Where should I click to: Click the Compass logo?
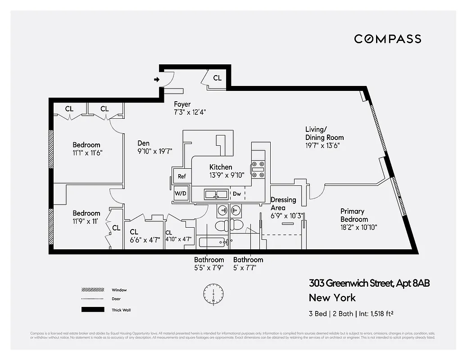pyautogui.click(x=387, y=39)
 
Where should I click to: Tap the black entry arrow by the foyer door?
pyautogui.click(x=157, y=80)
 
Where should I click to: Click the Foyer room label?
pyautogui.click(x=182, y=104)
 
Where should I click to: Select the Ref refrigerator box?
pyautogui.click(x=181, y=176)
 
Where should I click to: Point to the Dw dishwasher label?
pyautogui.click(x=237, y=194)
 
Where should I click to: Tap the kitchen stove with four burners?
pyautogui.click(x=258, y=170)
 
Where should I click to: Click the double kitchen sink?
pyautogui.click(x=216, y=194)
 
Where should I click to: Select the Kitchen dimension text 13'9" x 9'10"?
pyautogui.click(x=221, y=175)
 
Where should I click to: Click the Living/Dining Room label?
pyautogui.click(x=324, y=134)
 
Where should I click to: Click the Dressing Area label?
pyautogui.click(x=283, y=203)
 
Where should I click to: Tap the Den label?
pyautogui.click(x=144, y=143)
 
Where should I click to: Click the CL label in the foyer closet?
pyautogui.click(x=218, y=78)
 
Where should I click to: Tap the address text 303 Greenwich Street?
pyautogui.click(x=350, y=283)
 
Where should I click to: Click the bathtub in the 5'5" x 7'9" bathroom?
pyautogui.click(x=212, y=243)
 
